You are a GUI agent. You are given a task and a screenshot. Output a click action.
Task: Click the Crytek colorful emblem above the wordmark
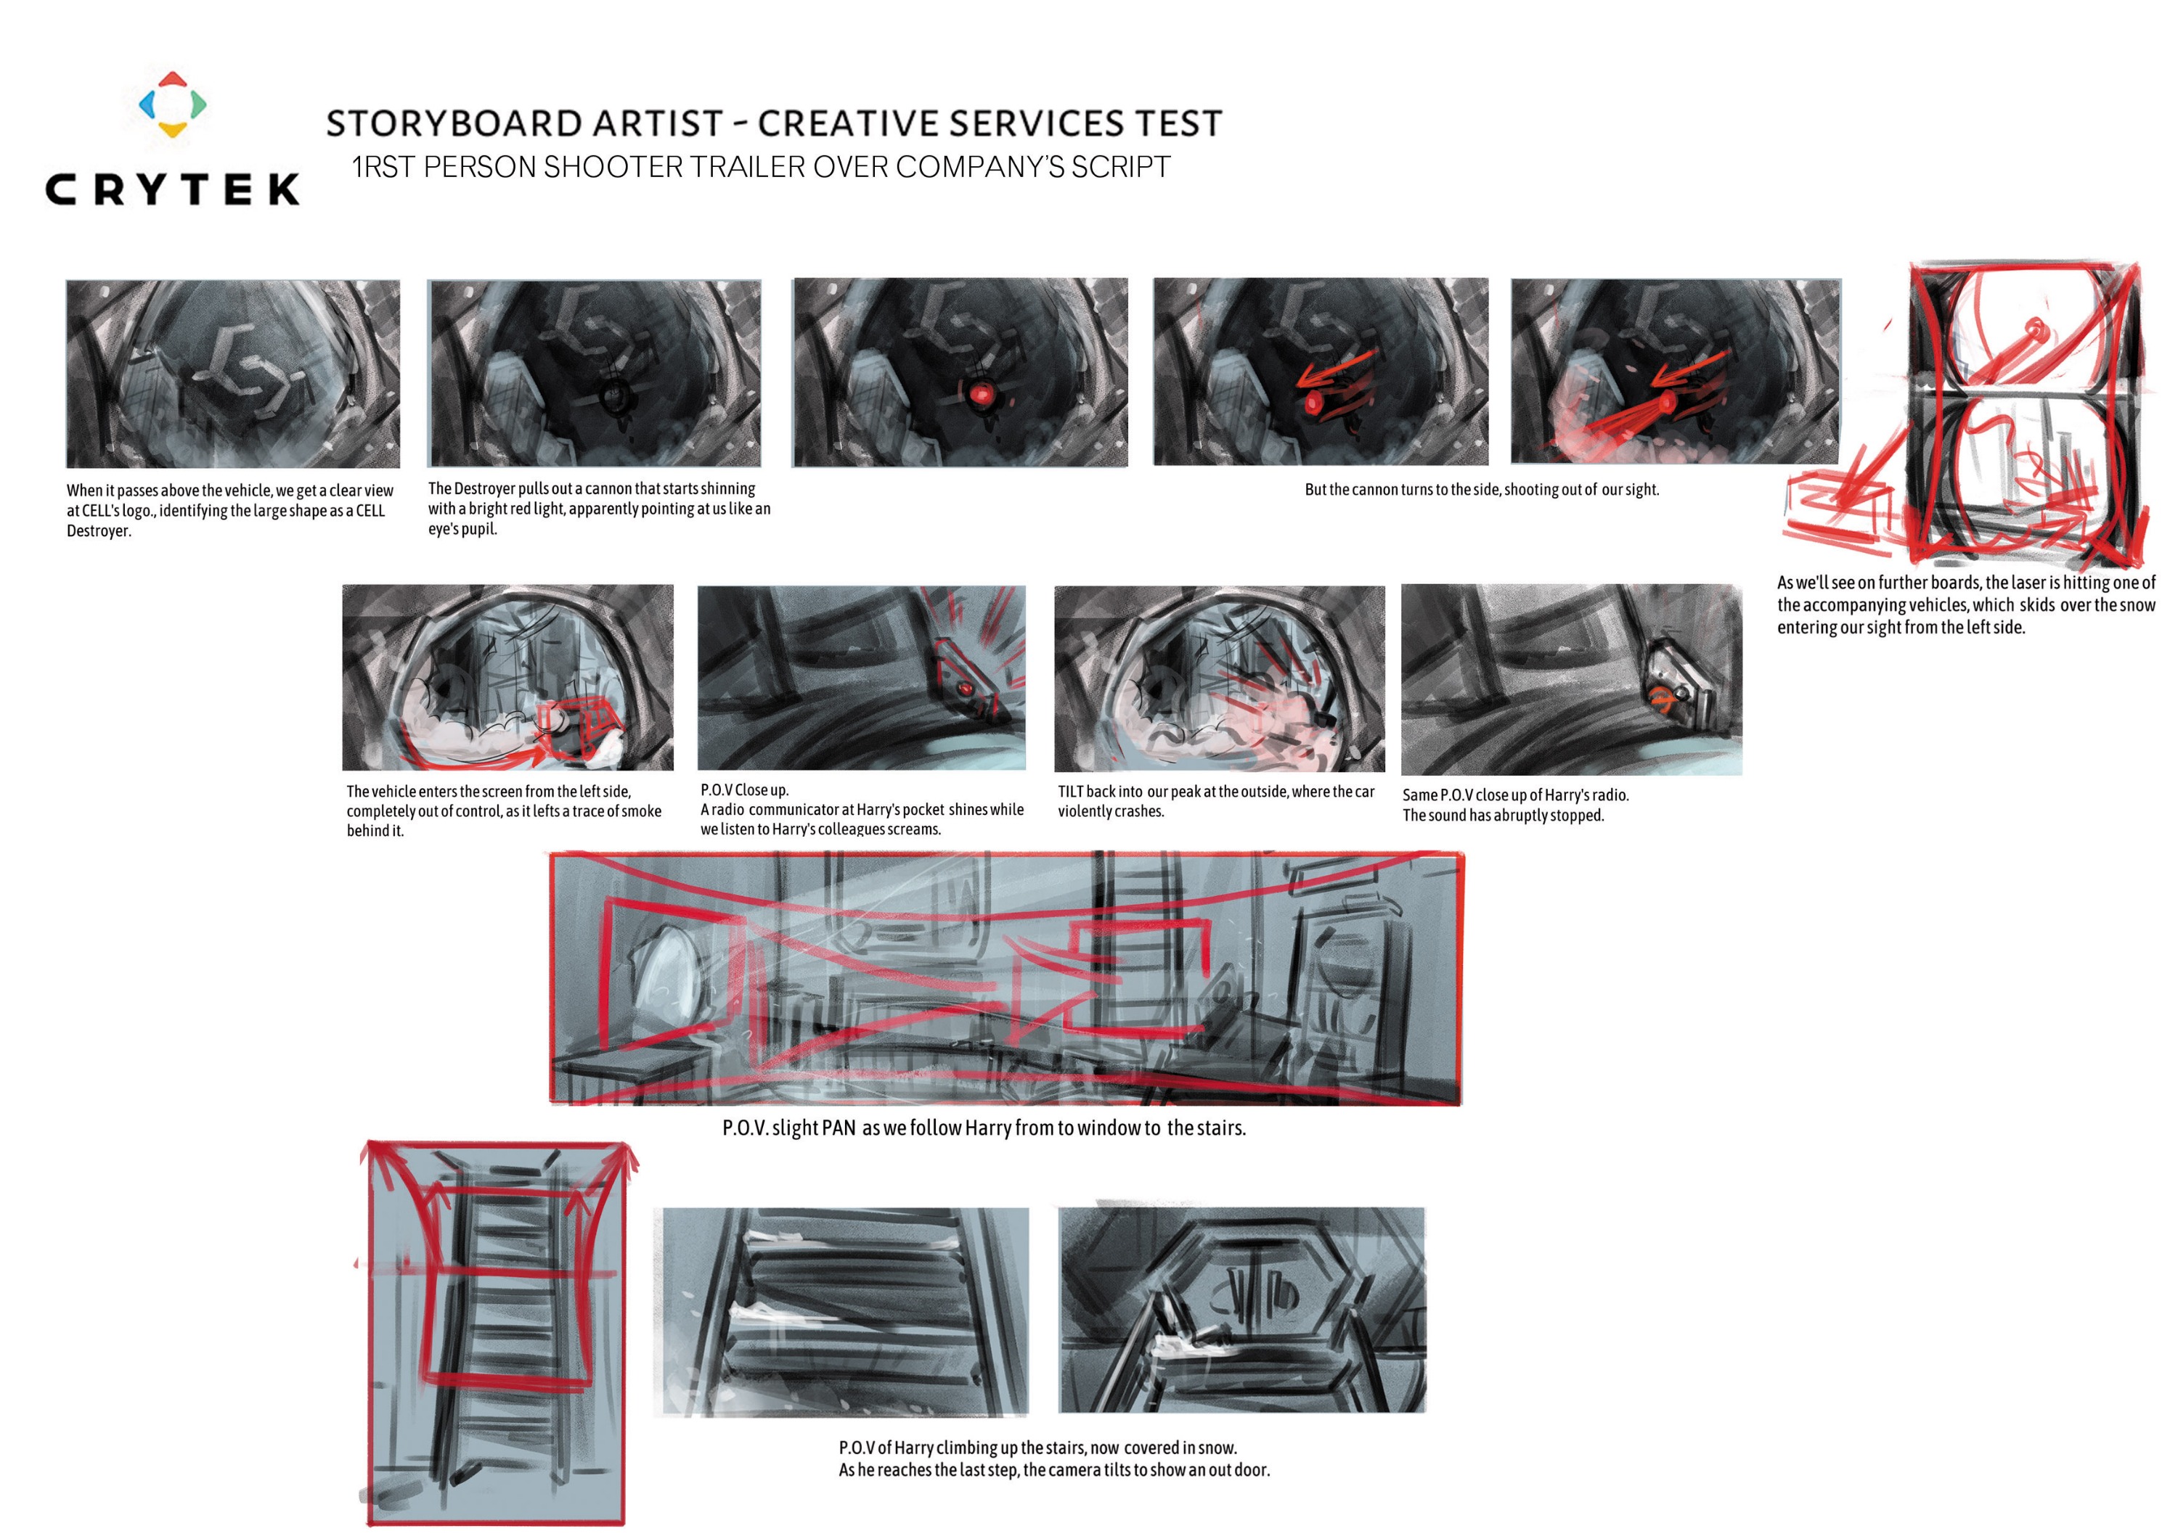[x=171, y=104]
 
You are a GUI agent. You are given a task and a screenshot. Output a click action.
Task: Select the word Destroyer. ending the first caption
[x=99, y=532]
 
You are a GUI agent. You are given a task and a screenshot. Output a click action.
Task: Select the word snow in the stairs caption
[x=1217, y=1448]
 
